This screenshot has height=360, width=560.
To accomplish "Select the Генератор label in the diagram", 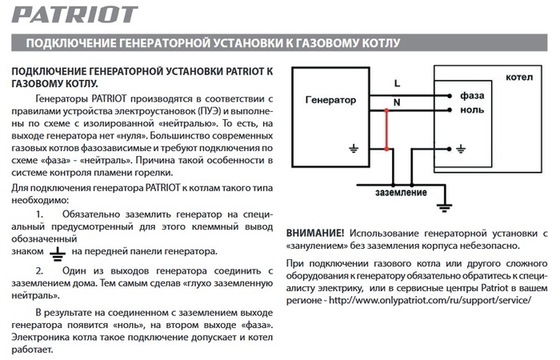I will (330, 102).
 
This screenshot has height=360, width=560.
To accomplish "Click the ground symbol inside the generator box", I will (352, 148).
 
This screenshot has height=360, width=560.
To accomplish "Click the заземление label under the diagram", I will (400, 193).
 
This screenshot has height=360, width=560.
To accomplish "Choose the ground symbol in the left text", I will (56, 253).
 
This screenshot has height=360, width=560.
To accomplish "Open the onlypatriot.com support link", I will (430, 299).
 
